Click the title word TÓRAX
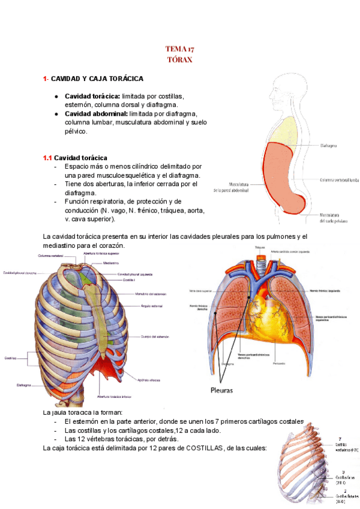(x=180, y=60)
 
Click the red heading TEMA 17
(x=180, y=49)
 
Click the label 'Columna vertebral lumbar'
(x=339, y=179)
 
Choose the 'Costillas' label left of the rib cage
(x=10, y=358)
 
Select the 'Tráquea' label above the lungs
(x=259, y=247)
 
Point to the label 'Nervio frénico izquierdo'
(x=328, y=291)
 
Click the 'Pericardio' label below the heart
(x=278, y=364)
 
